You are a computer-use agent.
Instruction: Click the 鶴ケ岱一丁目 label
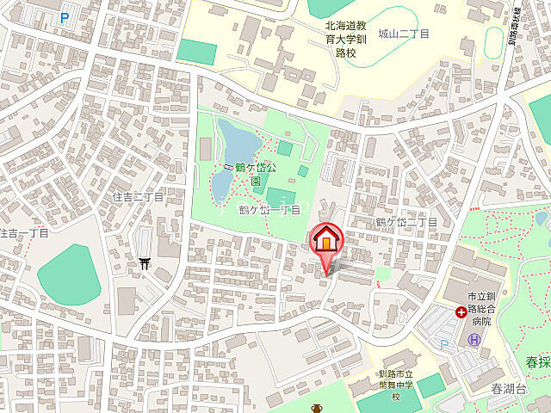269,210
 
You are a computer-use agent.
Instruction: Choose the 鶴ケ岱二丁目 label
406,222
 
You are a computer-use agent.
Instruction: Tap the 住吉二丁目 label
138,197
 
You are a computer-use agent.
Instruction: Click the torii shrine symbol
144,265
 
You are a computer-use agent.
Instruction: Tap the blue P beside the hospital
444,344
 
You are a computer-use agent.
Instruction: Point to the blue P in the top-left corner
66,18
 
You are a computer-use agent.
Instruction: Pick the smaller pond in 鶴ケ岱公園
220,182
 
